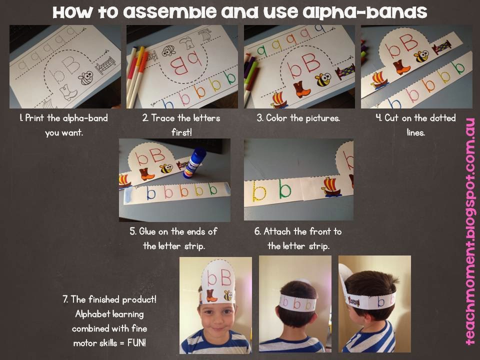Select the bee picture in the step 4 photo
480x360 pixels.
[x=421, y=56]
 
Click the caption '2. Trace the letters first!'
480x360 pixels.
[x=181, y=125]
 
